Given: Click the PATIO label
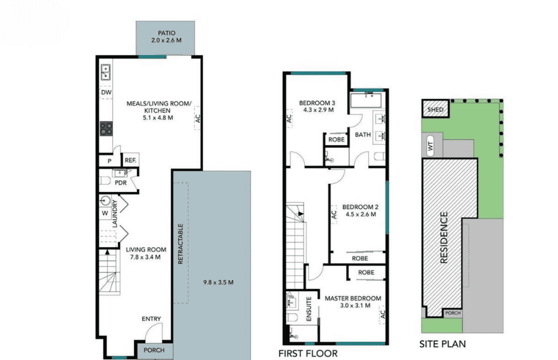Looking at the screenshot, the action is (167, 33).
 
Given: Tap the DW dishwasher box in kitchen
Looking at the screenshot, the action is (106, 92).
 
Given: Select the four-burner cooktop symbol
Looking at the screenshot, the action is (106, 129).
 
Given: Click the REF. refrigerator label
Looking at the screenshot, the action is (130, 160).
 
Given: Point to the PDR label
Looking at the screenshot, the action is (121, 183).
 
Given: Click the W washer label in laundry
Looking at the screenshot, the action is (105, 213).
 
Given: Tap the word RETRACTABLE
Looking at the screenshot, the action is (180, 243).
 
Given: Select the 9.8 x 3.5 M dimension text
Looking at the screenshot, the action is (218, 282).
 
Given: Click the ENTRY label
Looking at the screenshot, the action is (151, 319).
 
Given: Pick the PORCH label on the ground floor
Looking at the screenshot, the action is (154, 350).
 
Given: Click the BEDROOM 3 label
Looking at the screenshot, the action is (317, 103).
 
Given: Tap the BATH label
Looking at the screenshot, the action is (363, 135).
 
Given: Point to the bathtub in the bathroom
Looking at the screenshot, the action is (366, 100).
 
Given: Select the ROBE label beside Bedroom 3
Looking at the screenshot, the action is (336, 140).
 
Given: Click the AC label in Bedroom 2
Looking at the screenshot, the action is (333, 214).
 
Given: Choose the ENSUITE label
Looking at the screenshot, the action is (309, 309).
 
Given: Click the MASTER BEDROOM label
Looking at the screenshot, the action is (353, 298).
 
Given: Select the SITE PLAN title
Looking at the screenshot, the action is (442, 344).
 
